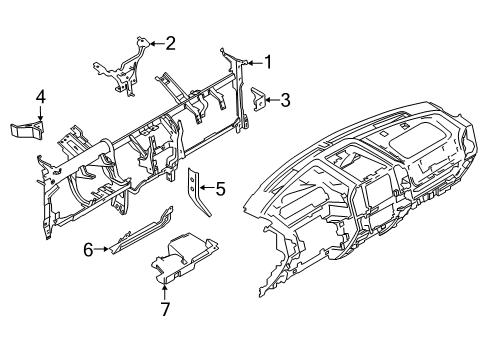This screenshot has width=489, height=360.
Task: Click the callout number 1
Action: point(268,62)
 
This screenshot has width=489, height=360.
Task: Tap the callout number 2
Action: point(171,43)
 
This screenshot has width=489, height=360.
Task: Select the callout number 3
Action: point(285,99)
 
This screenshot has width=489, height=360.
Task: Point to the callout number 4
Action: point(41,97)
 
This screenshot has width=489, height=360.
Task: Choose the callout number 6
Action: point(88,250)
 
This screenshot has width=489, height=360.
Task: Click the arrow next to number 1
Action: point(251,62)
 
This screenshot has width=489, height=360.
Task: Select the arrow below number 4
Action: point(41,114)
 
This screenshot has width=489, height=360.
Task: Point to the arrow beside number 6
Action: point(105,250)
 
